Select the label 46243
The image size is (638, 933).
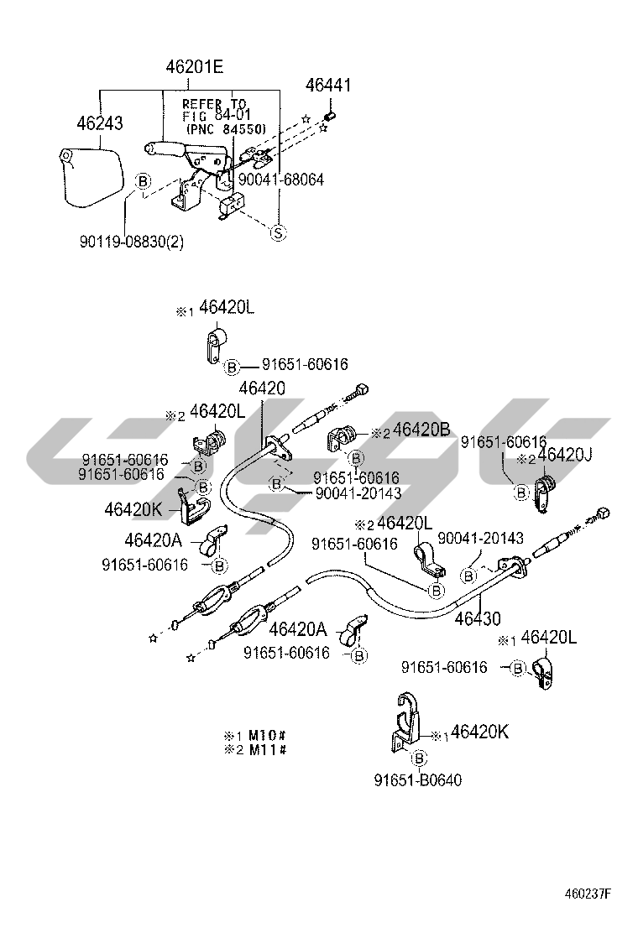(99, 123)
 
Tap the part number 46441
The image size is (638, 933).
(328, 86)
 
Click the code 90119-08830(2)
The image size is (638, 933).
(132, 242)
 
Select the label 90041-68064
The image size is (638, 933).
(280, 180)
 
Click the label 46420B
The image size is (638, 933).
(421, 430)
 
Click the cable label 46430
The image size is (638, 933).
(477, 619)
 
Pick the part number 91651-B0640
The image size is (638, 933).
(418, 780)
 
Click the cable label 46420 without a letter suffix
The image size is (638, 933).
(261, 388)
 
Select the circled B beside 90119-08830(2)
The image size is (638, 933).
(143, 181)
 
